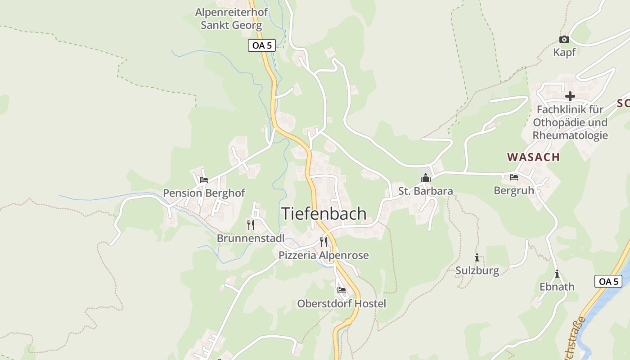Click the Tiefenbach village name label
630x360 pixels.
[324, 214]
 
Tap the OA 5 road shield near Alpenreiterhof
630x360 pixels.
[261, 45]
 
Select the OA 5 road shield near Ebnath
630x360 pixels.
[608, 281]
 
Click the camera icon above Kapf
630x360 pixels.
[564, 40]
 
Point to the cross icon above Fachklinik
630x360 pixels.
[570, 96]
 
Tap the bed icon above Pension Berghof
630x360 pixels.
[204, 180]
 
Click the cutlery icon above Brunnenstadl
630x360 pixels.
[251, 225]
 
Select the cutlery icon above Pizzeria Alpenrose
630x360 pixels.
[324, 242]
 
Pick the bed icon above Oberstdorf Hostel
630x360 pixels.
[342, 290]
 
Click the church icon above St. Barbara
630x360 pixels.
[425, 178]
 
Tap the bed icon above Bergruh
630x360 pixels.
[514, 177]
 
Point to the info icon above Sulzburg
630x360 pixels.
[477, 258]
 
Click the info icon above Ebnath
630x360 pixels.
[557, 274]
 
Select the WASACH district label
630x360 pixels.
[533, 157]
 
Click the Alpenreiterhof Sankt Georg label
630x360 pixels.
[231, 18]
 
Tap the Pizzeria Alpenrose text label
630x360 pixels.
[324, 255]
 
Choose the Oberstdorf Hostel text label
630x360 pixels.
[342, 304]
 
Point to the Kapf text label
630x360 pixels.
[564, 52]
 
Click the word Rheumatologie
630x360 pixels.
[570, 135]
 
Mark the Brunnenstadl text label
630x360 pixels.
[251, 238]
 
